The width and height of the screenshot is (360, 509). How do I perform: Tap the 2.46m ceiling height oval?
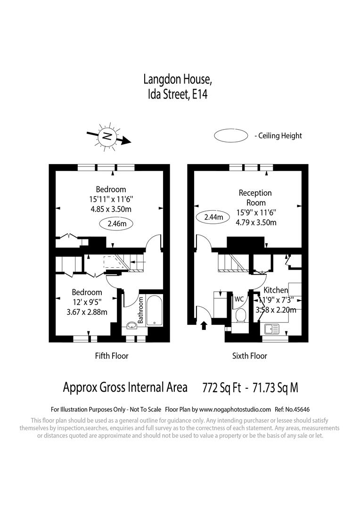point(117,224)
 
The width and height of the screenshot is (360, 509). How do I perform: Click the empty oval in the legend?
point(231,136)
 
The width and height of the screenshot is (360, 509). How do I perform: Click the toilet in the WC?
point(240,315)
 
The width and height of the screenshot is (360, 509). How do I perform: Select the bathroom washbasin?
point(131,325)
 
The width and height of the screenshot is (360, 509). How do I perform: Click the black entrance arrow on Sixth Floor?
point(204,325)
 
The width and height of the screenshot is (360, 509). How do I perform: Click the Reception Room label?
point(255,197)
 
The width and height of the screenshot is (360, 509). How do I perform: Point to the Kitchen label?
point(276,290)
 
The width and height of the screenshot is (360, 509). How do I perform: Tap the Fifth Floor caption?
point(112,356)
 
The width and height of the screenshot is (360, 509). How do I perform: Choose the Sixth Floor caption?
point(249,356)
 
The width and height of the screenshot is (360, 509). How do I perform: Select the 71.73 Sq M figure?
point(276,388)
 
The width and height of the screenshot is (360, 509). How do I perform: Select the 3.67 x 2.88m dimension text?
point(87,312)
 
